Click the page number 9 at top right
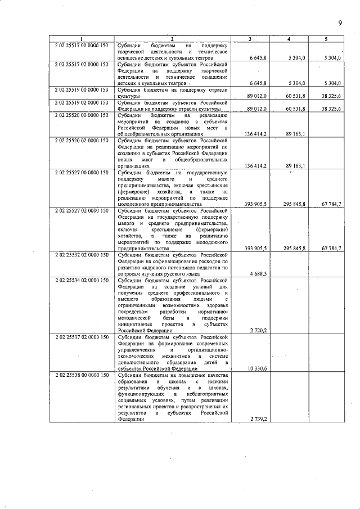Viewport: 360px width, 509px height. tap(340, 22)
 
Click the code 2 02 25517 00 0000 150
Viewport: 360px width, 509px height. tap(82, 44)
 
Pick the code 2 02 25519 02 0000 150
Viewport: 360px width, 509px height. tap(82, 102)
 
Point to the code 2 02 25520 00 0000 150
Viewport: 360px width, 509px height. tap(82, 115)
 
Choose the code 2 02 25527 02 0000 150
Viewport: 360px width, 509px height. tap(82, 210)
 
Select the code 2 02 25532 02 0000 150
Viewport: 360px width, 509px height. tap(82, 255)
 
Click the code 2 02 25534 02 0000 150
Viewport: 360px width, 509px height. tap(82, 280)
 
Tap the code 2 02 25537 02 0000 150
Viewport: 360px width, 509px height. tap(82, 337)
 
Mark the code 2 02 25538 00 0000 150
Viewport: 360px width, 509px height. tap(82, 375)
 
